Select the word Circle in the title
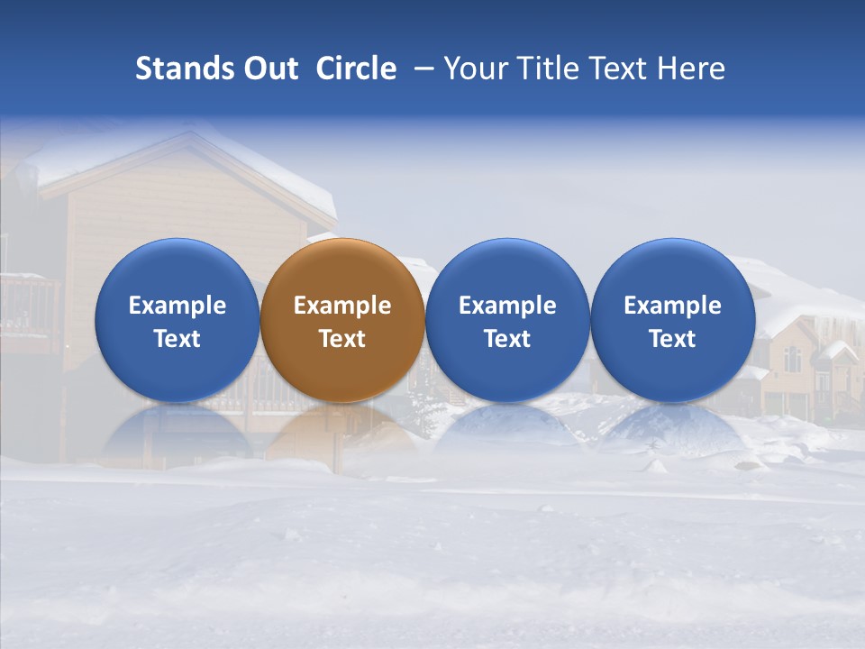[356, 69]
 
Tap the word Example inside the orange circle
[342, 306]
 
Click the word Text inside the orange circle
[342, 339]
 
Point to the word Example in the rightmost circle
[673, 306]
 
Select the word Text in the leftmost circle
[177, 339]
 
